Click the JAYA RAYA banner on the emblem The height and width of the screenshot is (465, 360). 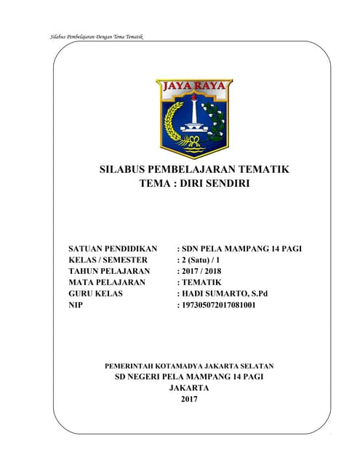tap(194, 87)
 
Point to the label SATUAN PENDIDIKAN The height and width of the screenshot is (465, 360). tap(113, 249)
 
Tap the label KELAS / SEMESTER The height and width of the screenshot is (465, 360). tap(108, 260)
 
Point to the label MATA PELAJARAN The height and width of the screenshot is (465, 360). tap(107, 282)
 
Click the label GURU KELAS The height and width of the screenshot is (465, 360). tap(95, 294)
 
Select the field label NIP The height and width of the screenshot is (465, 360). tap(75, 305)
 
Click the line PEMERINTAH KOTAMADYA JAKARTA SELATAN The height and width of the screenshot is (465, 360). tap(189, 365)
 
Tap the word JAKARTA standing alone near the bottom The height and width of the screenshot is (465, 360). tap(188, 388)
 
